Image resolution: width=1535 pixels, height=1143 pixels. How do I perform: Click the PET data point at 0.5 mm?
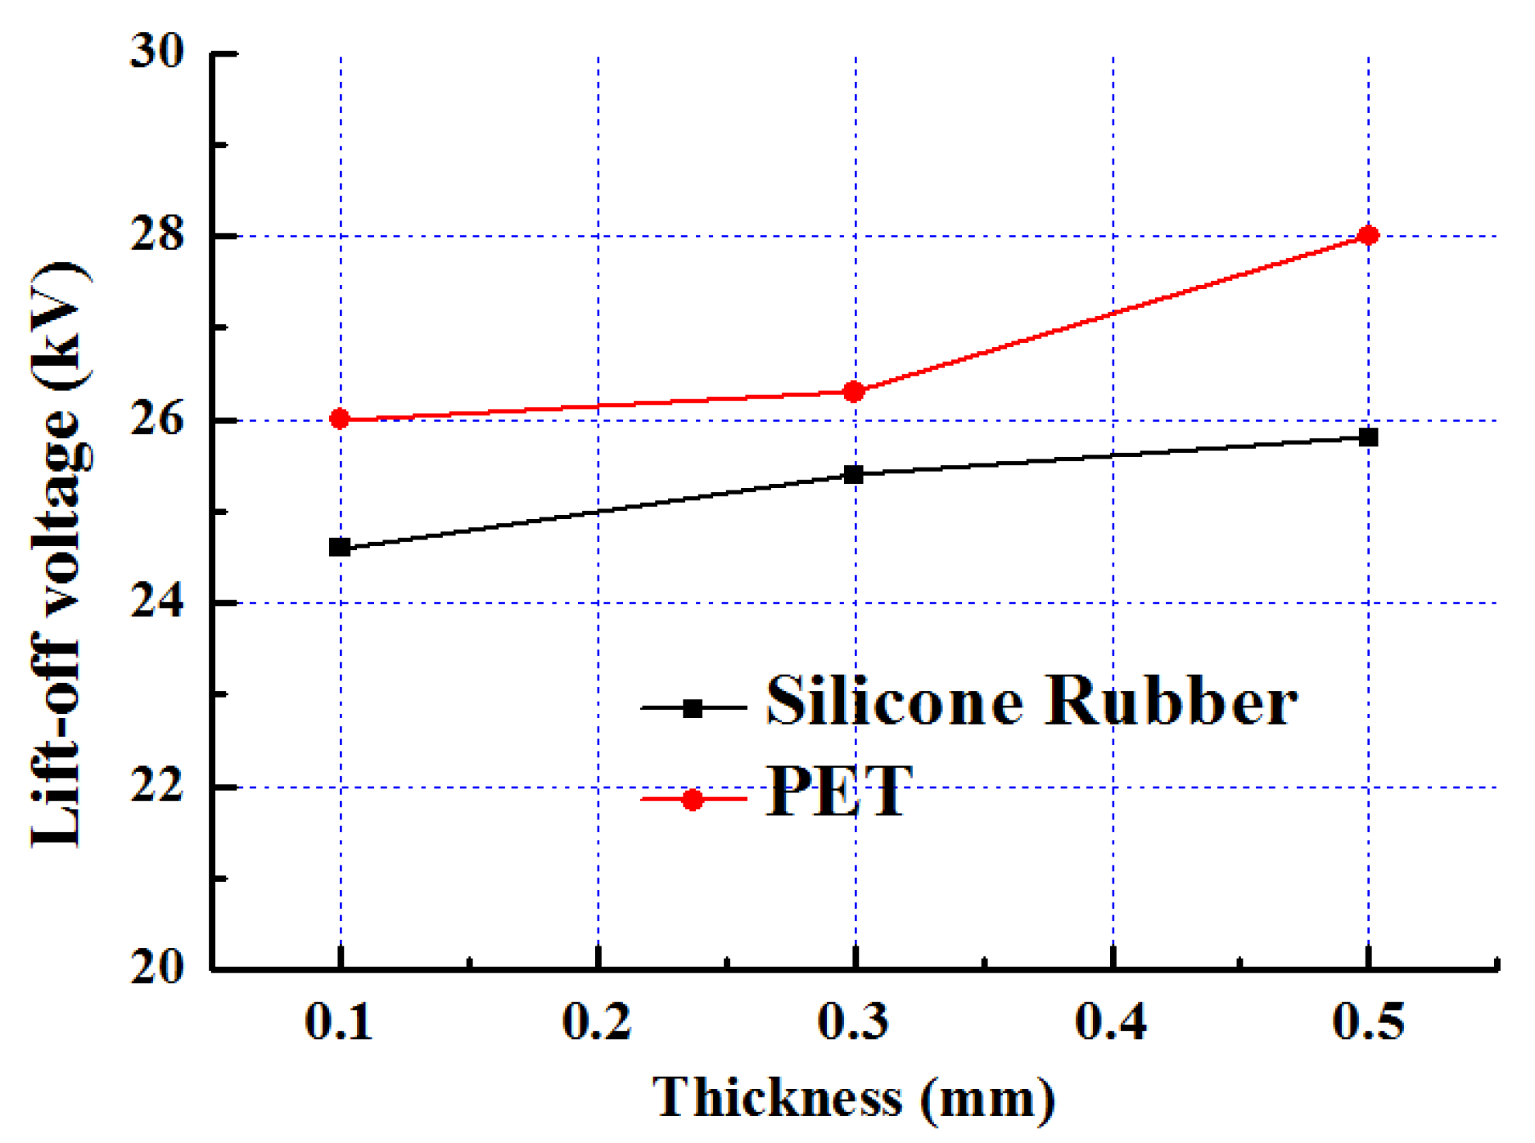coord(1368,236)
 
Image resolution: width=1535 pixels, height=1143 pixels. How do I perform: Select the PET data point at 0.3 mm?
coord(854,392)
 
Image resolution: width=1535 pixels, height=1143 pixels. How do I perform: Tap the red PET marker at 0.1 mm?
coord(340,419)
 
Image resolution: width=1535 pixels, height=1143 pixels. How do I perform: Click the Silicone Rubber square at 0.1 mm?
coord(340,547)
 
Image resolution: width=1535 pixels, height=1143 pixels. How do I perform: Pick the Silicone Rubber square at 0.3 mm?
coord(854,474)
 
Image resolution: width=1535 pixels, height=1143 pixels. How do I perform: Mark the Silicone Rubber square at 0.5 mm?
coord(1368,437)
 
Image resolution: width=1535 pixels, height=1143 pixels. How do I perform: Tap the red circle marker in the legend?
coord(693,799)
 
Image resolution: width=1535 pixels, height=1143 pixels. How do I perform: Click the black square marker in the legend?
coord(693,708)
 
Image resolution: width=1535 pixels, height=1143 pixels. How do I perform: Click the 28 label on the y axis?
coord(158,236)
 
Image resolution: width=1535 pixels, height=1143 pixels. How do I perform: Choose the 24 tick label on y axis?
coord(158,603)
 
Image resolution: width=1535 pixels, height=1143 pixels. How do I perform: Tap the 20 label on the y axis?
coord(158,969)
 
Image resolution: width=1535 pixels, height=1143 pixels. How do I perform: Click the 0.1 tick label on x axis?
coord(339,1022)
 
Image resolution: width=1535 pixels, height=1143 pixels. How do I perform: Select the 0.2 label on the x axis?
coord(597,1022)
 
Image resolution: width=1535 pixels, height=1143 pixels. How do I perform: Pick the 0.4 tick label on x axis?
coord(1111,1022)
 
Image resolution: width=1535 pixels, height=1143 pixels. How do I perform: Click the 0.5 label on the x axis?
coord(1368,1022)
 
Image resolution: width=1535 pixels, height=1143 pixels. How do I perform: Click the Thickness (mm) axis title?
coord(854,1098)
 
